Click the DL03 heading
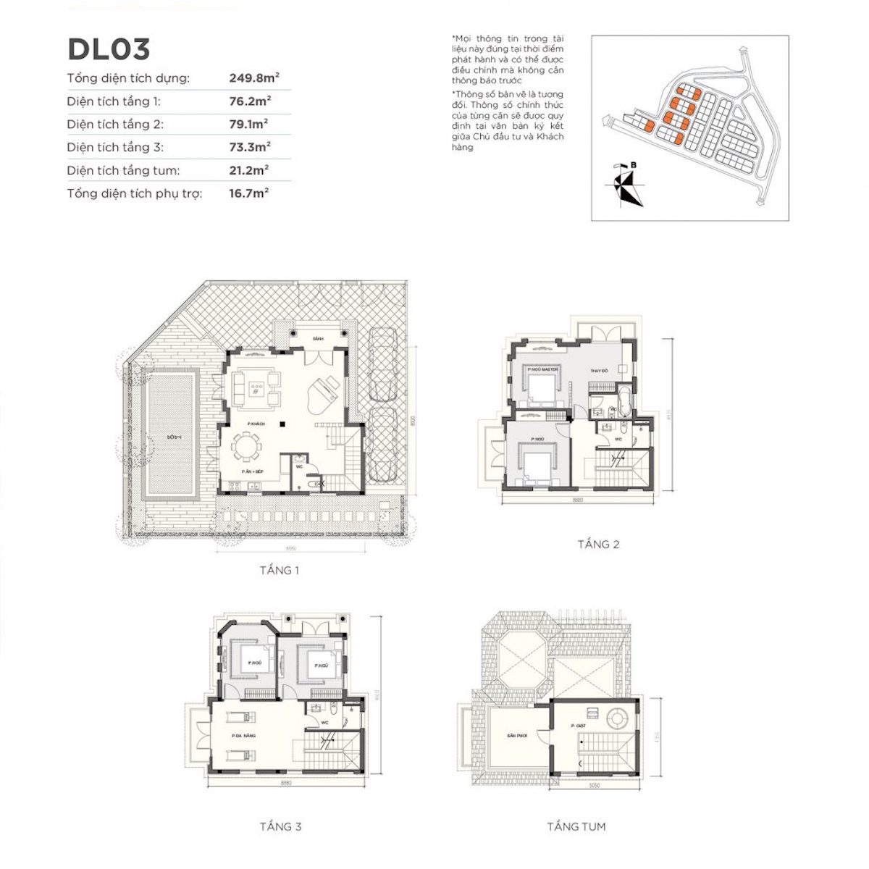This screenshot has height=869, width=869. [109, 49]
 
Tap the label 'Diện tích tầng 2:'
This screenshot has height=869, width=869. [115, 124]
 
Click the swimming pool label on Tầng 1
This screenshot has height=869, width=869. [172, 437]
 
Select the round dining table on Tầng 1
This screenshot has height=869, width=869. [249, 447]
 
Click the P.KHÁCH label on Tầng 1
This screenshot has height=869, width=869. [255, 422]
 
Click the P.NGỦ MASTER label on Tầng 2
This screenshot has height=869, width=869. [543, 369]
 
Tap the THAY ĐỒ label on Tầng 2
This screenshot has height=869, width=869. [599, 371]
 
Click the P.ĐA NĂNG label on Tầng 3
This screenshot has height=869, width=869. [243, 736]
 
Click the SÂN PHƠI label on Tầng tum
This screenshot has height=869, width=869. [516, 735]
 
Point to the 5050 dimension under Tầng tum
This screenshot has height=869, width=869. [594, 785]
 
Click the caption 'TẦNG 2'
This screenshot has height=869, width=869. [598, 545]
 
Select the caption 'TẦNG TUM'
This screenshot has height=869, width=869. [576, 826]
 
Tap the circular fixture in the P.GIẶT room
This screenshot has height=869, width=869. [618, 719]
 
